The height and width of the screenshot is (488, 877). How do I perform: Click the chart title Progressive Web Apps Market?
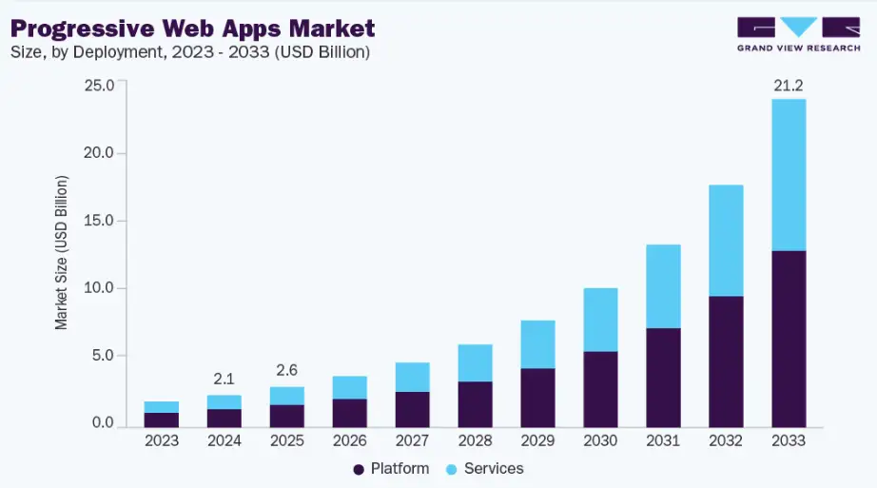pyautogui.click(x=192, y=27)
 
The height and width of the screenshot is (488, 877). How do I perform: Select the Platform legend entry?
pyautogui.click(x=391, y=469)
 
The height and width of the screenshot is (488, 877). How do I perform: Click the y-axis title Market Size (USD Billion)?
pyautogui.click(x=62, y=253)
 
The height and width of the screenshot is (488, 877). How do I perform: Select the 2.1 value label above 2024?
pyautogui.click(x=224, y=379)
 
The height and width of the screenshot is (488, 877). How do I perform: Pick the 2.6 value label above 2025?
pyautogui.click(x=286, y=370)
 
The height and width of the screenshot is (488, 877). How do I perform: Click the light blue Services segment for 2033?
pyautogui.click(x=789, y=175)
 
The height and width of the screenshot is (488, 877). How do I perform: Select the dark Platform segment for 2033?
pyautogui.click(x=789, y=338)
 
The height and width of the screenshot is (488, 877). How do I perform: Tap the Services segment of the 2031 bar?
pyautogui.click(x=663, y=286)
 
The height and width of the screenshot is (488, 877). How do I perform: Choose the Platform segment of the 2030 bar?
pyautogui.click(x=600, y=388)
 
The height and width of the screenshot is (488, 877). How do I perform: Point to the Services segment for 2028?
pyautogui.click(x=475, y=362)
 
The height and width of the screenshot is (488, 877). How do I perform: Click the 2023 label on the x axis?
pyautogui.click(x=162, y=441)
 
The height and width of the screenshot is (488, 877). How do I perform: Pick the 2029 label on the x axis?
pyautogui.click(x=537, y=441)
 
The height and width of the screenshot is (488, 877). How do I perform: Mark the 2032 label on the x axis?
pyautogui.click(x=726, y=441)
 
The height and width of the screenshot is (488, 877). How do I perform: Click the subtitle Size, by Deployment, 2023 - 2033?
pyautogui.click(x=190, y=52)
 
